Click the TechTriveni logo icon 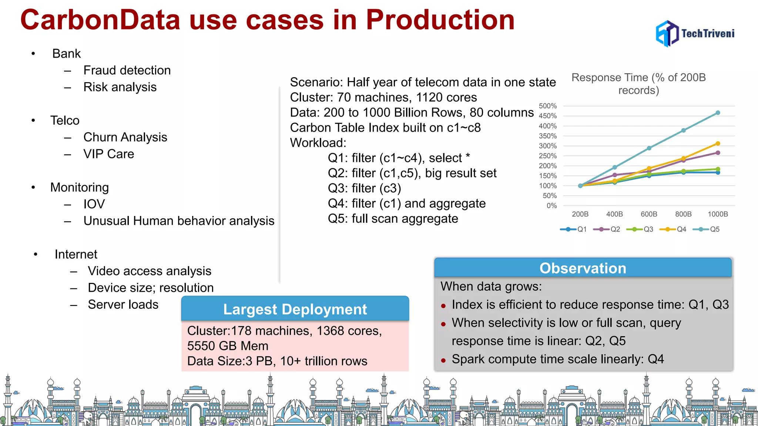[x=667, y=34]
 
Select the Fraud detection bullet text [x=127, y=70]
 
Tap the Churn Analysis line [x=125, y=137]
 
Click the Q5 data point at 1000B [x=718, y=113]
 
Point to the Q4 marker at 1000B [x=718, y=143]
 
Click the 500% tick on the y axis [x=547, y=106]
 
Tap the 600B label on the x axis [x=649, y=214]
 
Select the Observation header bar [x=583, y=268]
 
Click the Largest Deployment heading [x=295, y=310]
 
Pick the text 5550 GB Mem [x=228, y=346]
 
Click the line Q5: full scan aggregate [x=393, y=219]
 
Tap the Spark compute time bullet [x=557, y=359]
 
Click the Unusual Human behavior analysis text [x=179, y=221]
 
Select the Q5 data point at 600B [x=649, y=148]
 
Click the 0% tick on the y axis [x=551, y=206]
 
